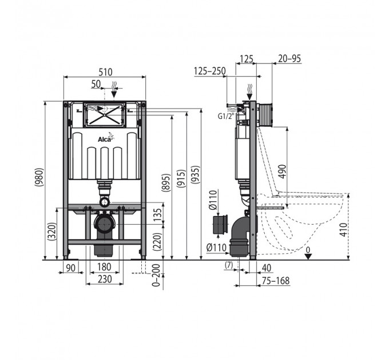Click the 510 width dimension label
105,72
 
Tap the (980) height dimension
39,177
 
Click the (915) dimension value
181,178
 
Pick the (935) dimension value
195,175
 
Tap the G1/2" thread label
226,116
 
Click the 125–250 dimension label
210,71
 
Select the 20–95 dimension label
289,59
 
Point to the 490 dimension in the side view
283,171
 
